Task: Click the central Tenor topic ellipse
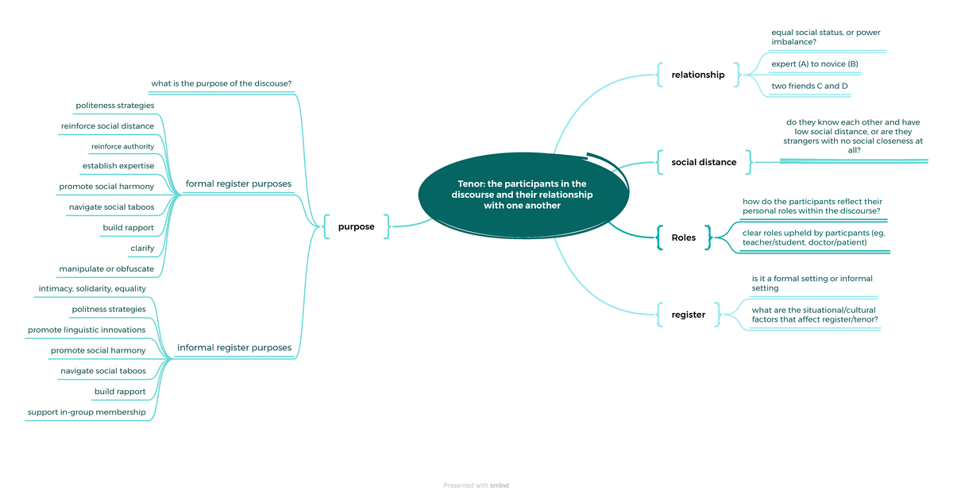tap(522, 195)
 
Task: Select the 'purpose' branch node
tap(356, 226)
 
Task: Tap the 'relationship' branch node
tap(698, 75)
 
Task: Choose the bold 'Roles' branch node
tap(683, 237)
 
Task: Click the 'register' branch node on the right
tap(688, 315)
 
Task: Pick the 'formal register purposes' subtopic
tap(238, 183)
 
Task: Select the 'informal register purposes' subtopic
tap(233, 347)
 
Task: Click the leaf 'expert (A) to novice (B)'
tap(815, 64)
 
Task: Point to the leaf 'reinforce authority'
tap(122, 146)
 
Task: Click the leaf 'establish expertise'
tap(118, 166)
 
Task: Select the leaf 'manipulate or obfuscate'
tap(106, 268)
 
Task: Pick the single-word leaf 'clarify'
tap(142, 249)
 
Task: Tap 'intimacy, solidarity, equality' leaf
tap(92, 288)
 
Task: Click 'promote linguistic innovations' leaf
tap(87, 330)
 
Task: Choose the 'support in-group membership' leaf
tap(87, 412)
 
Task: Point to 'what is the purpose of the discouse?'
tap(222, 83)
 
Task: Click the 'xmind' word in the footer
tap(500, 485)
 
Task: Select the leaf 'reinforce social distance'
tap(107, 125)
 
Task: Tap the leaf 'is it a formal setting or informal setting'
tap(812, 284)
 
